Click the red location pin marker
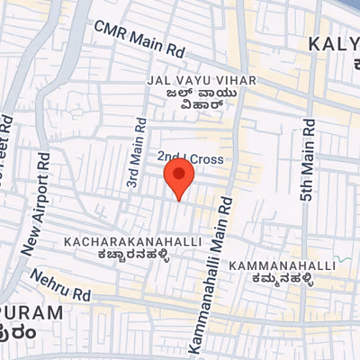coord(178,180)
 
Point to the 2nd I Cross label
coord(196,158)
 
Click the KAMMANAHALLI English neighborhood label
coord(283,266)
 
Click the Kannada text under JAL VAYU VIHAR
coord(201,97)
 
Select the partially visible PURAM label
coord(31,313)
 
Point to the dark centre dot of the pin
coord(178,174)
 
